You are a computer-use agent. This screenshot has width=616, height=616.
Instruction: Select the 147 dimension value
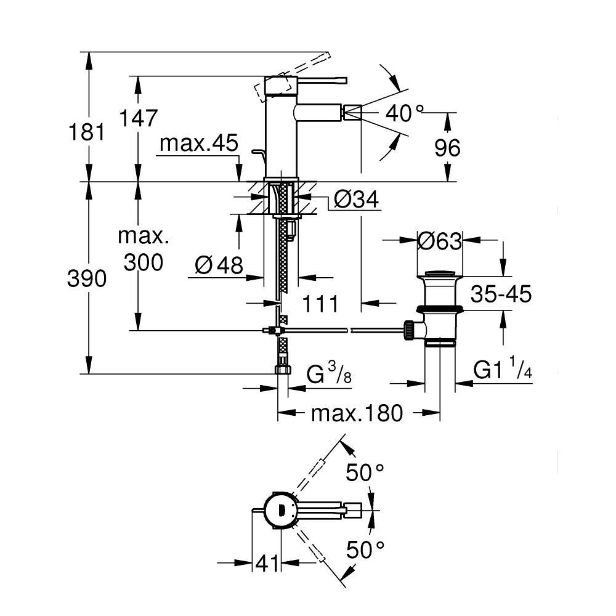coord(139,117)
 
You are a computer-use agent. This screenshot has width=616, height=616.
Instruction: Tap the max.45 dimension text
coord(198,144)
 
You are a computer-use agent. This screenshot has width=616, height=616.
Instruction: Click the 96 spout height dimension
coord(447,147)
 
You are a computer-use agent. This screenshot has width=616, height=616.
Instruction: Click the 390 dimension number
coord(87,278)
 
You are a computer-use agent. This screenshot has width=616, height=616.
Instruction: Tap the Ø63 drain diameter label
coord(439,241)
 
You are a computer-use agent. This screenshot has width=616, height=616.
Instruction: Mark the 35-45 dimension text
coord(500,294)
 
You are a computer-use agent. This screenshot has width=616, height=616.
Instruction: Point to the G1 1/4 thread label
coord(501,370)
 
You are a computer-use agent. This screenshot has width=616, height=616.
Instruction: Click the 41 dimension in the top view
coord(267,563)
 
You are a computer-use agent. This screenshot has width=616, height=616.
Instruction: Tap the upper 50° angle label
coord(364,473)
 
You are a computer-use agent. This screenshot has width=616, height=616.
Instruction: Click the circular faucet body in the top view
coord(280,509)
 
